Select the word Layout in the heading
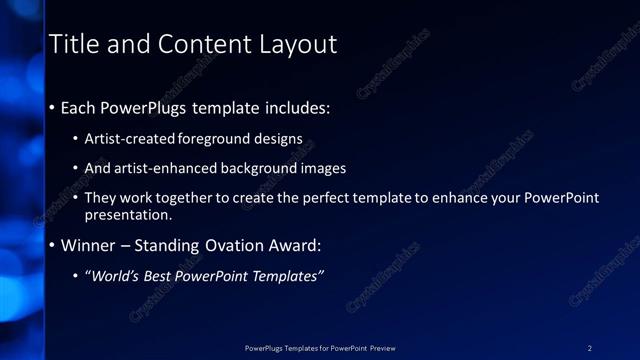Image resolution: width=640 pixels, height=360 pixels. (299, 45)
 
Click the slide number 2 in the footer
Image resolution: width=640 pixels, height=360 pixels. (590, 348)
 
